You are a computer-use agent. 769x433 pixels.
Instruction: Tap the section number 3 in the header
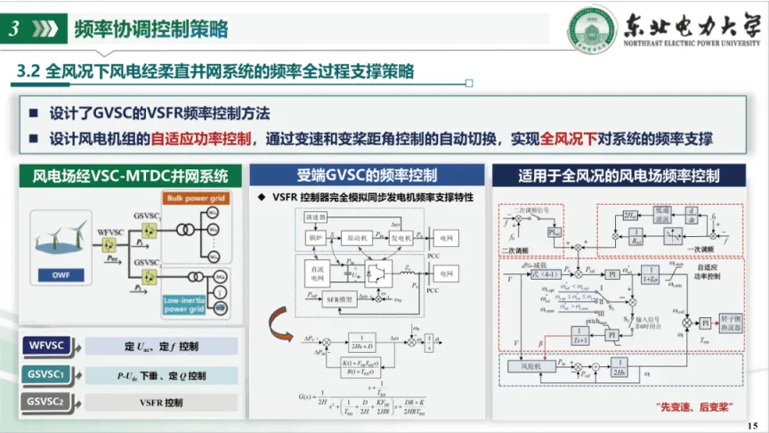click(15, 29)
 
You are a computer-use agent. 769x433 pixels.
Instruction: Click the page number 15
click(754, 424)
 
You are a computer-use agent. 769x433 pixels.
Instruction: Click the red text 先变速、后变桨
click(693, 406)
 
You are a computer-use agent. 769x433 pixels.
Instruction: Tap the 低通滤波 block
click(660, 216)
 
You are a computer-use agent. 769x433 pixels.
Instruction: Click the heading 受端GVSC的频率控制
click(368, 175)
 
